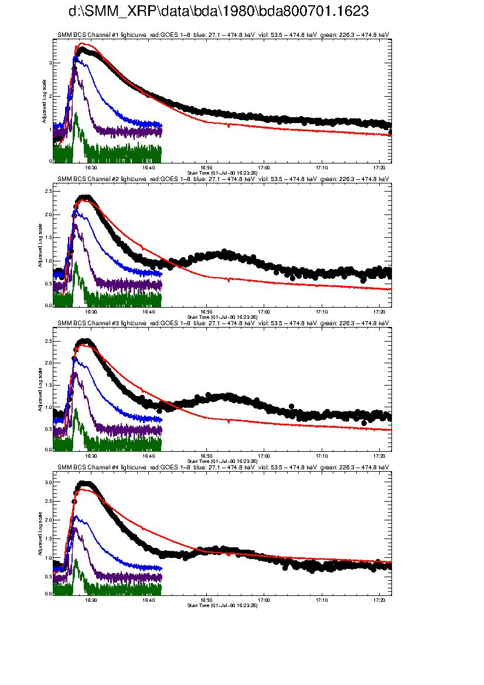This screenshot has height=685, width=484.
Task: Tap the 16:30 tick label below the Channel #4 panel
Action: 91,599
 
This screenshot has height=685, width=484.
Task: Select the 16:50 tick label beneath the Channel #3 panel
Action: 206,455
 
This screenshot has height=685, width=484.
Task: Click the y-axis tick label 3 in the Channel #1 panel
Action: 51,63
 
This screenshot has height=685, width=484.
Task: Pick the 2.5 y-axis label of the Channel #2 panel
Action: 49,192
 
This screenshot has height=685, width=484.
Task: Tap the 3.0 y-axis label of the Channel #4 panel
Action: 49,482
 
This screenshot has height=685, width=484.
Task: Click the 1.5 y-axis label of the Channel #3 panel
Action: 49,385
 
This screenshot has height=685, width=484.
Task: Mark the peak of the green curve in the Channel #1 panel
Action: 76,113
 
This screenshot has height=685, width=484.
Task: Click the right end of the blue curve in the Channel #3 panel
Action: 161,420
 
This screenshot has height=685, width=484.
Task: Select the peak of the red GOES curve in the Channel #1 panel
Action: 84,43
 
